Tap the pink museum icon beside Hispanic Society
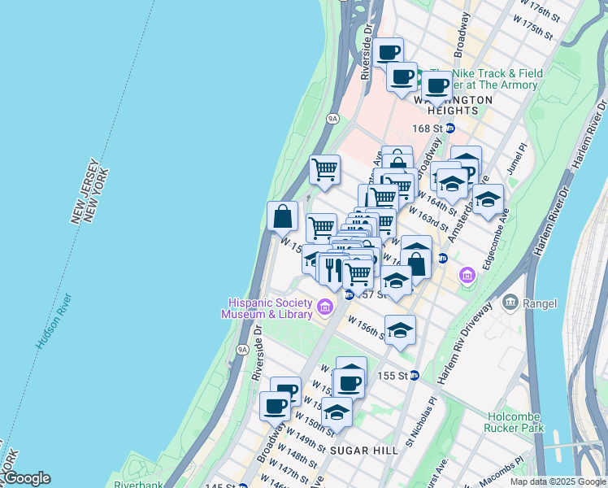[325, 307]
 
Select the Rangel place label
[539, 303]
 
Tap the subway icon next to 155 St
[414, 375]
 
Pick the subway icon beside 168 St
[449, 129]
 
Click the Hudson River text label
[54, 321]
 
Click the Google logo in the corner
[26, 478]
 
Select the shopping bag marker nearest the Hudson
[282, 216]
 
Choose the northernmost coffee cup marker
[389, 52]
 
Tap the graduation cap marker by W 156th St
[400, 330]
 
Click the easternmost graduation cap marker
[488, 198]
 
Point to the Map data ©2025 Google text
[558, 481]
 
